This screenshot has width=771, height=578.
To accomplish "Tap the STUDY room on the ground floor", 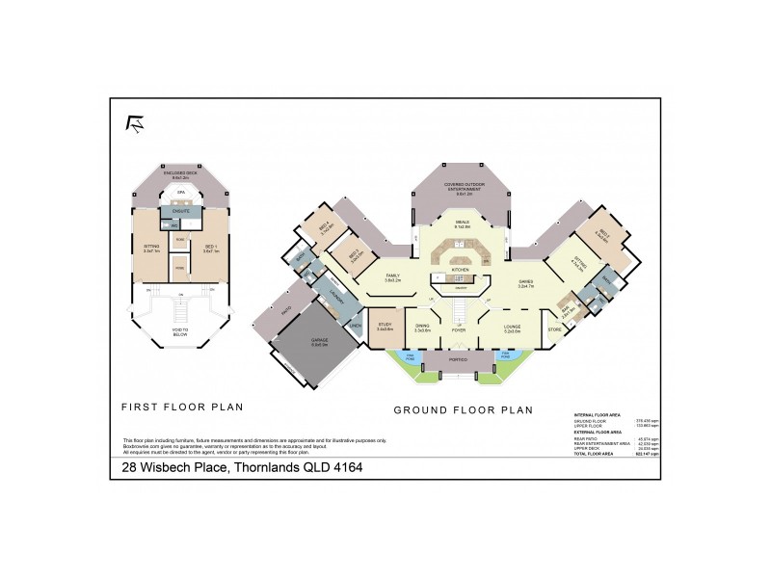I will click(385, 325).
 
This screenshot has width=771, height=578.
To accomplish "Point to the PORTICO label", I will click(457, 359).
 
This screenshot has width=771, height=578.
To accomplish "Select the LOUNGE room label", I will click(512, 327).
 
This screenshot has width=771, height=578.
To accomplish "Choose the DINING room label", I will click(422, 326).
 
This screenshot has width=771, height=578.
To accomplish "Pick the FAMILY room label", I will click(392, 276).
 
